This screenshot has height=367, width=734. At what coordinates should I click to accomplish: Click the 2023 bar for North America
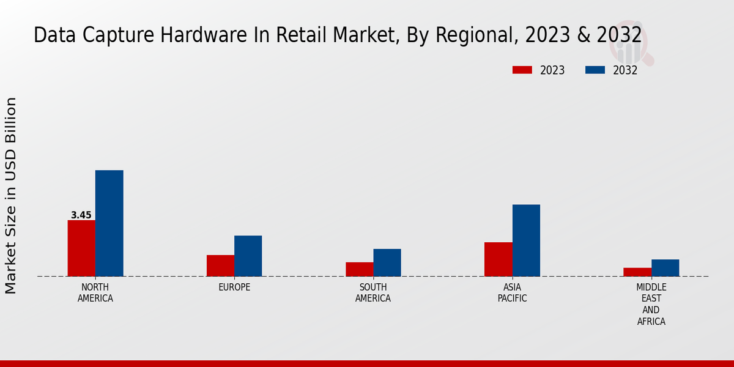[81, 248]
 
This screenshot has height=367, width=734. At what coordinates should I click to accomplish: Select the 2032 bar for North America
[109, 223]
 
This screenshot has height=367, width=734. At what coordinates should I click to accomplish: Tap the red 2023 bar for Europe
[220, 265]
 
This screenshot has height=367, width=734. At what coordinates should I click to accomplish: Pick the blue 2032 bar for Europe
[248, 256]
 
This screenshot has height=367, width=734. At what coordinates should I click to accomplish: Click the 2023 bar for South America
[359, 269]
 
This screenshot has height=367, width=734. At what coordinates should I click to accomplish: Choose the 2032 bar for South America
[387, 262]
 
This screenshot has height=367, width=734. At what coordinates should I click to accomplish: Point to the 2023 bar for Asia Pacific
[498, 259]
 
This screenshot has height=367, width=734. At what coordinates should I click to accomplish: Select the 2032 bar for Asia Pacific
[526, 240]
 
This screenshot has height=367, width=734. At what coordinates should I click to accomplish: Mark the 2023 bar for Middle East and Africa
[637, 272]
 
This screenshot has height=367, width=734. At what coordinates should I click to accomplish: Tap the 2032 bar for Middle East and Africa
[665, 267]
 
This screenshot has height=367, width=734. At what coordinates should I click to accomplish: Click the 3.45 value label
[81, 215]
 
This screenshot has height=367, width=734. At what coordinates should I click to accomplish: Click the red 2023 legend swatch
[522, 70]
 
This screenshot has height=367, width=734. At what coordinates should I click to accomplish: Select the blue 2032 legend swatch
[595, 70]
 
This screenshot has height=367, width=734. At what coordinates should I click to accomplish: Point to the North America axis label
[95, 293]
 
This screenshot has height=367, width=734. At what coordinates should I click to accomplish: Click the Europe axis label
[234, 287]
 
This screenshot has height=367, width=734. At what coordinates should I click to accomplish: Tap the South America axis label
[373, 293]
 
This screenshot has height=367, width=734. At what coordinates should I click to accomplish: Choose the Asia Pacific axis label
[512, 293]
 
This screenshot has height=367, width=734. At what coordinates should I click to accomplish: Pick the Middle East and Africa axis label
[651, 304]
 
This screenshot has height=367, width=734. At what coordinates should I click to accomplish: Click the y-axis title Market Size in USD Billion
[11, 196]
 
